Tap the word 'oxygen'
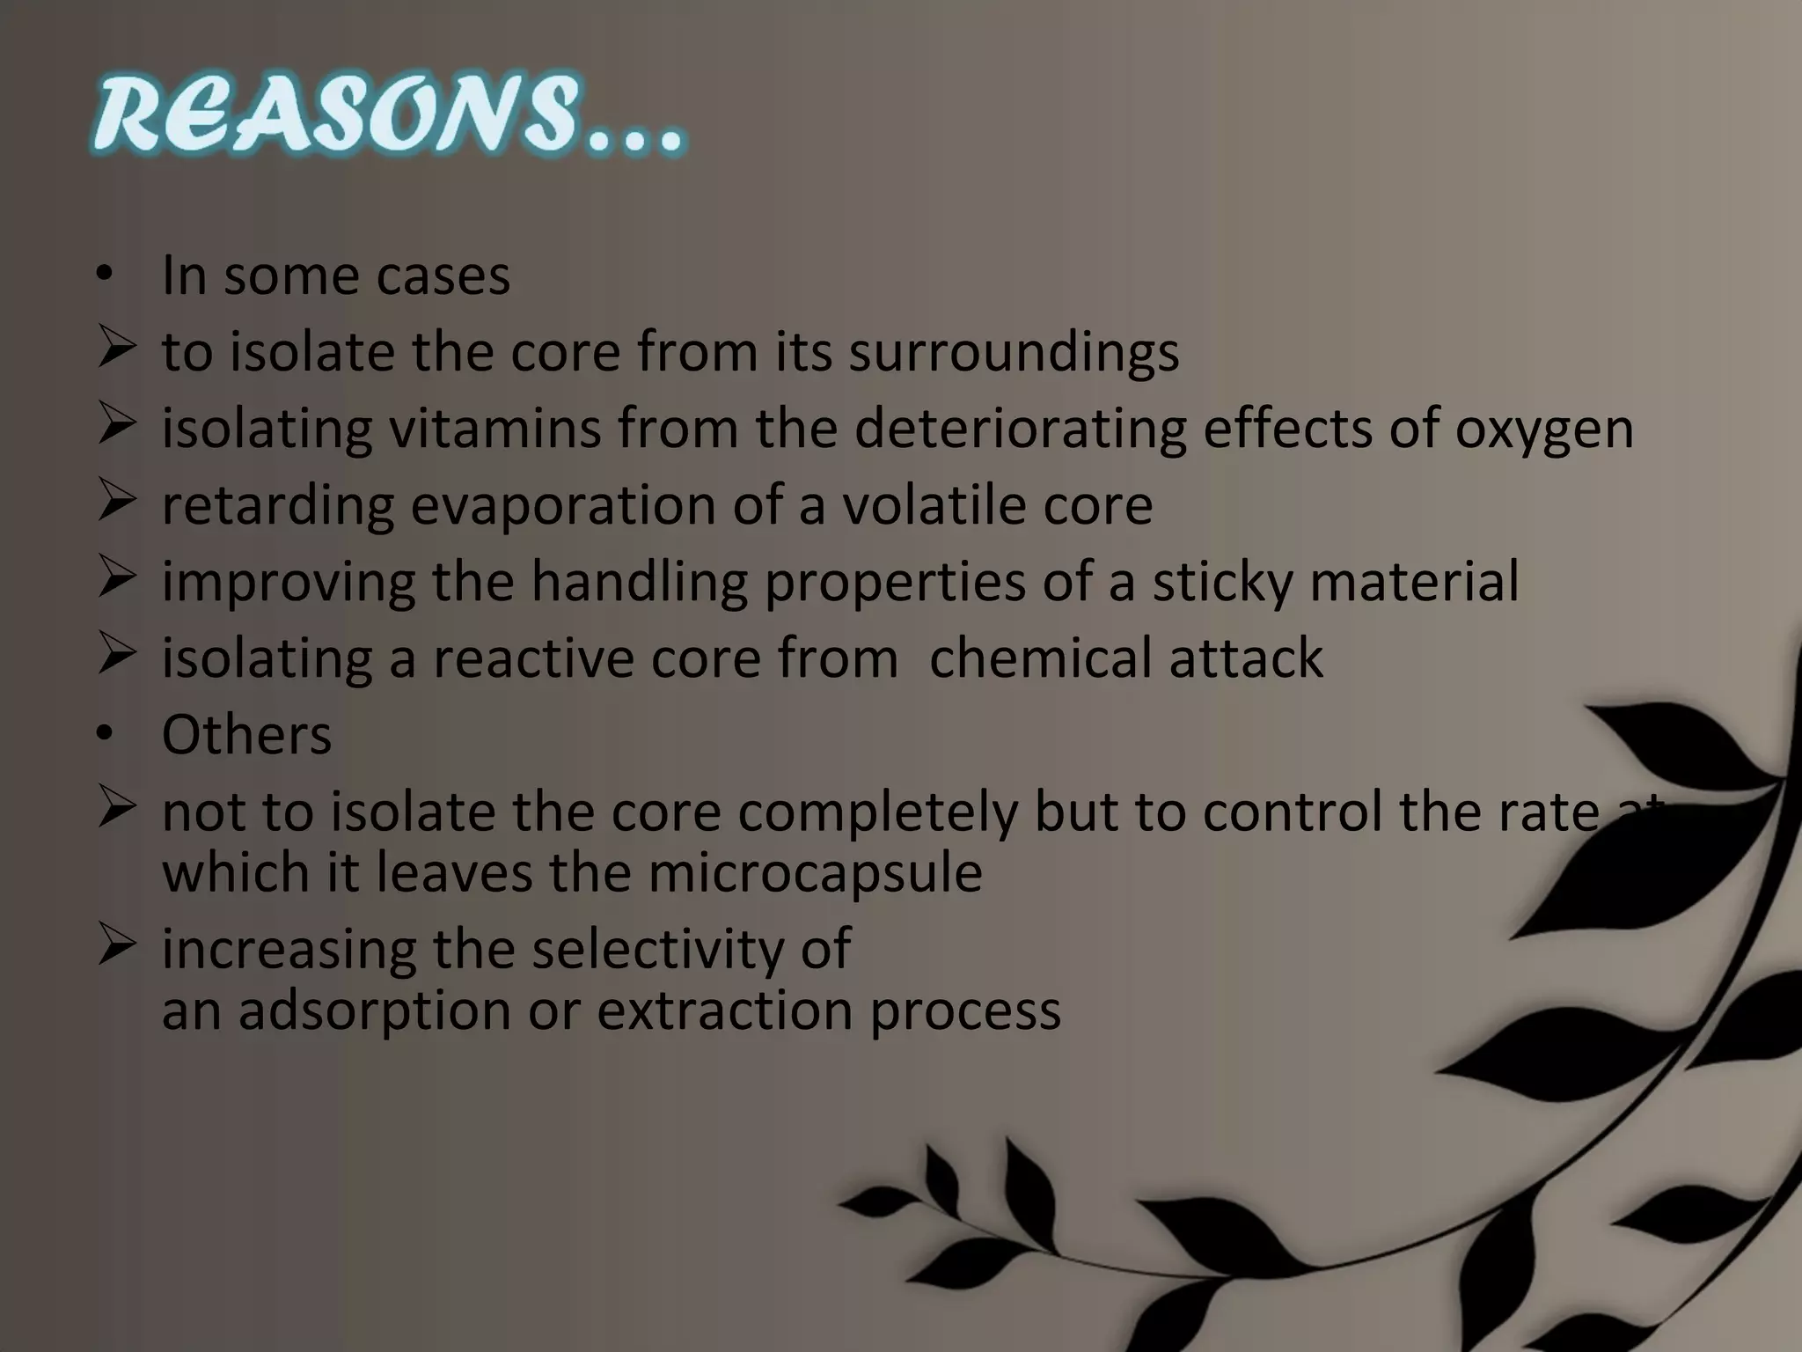point(1543,429)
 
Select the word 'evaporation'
point(563,506)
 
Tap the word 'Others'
point(246,735)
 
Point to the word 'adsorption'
point(374,1010)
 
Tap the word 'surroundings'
point(1013,352)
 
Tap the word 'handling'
point(639,582)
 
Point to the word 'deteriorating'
point(1021,429)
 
